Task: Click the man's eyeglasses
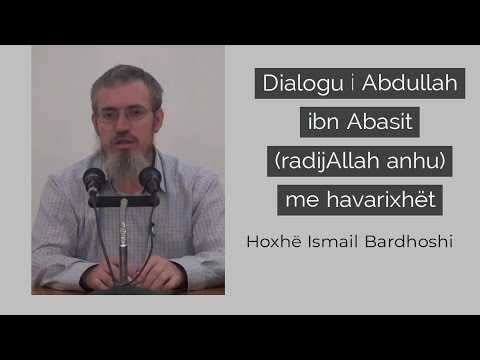(125, 114)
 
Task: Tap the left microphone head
(95, 180)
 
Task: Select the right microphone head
(150, 179)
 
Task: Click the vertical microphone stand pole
(123, 240)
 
